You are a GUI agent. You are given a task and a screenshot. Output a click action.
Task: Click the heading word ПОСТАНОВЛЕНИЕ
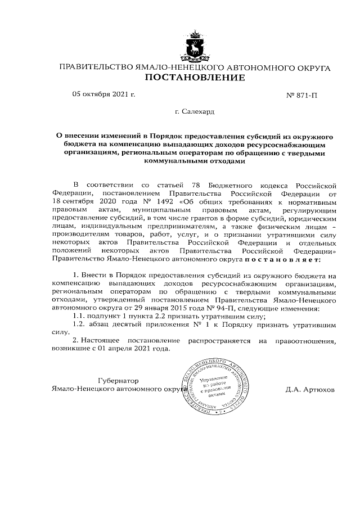pos(195,78)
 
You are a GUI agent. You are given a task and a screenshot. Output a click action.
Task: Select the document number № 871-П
pos(302,95)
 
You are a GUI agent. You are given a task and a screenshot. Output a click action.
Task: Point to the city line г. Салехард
pos(195,112)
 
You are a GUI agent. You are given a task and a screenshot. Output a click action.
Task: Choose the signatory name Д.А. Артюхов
pos(310,389)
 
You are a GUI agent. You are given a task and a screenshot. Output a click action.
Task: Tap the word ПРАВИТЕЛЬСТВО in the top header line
pos(93,67)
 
